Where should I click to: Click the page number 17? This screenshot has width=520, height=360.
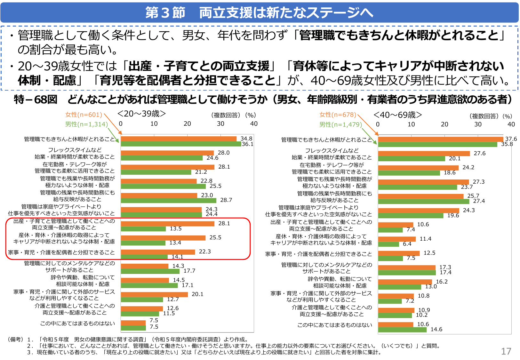[x=506, y=351]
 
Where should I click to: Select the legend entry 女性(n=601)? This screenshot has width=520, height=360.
[x=84, y=115]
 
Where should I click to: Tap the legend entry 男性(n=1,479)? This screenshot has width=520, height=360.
[x=340, y=124]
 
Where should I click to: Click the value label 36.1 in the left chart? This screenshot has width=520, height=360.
[x=247, y=144]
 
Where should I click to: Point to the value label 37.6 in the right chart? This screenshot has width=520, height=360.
[x=511, y=139]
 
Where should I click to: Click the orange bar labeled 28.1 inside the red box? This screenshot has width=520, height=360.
[x=167, y=224]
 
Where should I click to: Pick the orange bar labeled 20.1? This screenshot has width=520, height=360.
[x=154, y=294]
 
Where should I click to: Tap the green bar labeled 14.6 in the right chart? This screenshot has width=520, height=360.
[x=402, y=330]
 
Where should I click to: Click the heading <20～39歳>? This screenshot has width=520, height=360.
[x=141, y=114]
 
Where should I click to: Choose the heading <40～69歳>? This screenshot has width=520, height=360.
[x=397, y=115]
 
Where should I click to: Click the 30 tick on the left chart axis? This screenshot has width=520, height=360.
[x=220, y=124]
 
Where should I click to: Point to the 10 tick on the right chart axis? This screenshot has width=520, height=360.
[x=411, y=124]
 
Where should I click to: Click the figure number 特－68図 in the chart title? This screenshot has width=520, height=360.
[x=36, y=100]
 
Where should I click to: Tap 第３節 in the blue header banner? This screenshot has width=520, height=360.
[x=165, y=13]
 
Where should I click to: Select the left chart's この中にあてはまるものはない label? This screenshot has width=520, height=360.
[x=77, y=324]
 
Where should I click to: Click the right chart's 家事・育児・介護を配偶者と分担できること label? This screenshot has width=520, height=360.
[x=318, y=254]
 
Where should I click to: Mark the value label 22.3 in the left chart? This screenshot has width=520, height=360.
[x=205, y=252]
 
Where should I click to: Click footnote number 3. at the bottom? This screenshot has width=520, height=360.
[x=30, y=352]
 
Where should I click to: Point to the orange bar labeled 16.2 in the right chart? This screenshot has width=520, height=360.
[x=404, y=282]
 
